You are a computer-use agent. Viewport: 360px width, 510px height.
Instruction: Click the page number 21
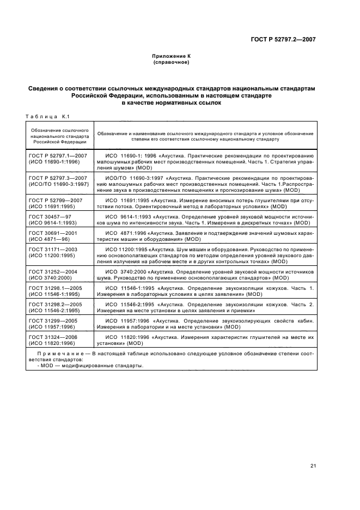[313, 465]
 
